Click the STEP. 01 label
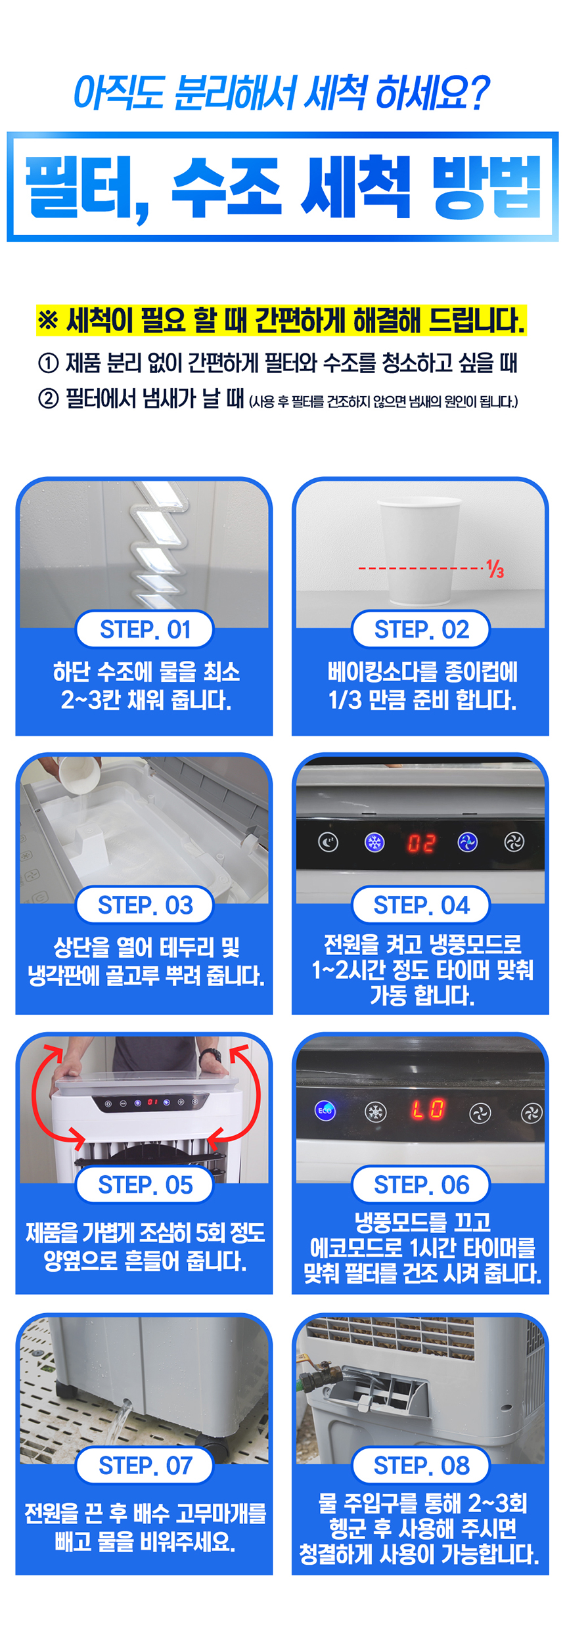coord(145,629)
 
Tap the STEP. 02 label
coord(421,629)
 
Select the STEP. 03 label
coord(145,905)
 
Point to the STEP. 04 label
coord(421,905)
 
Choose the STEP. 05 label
coord(145,1185)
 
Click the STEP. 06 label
coord(421,1185)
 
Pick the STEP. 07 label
coord(145,1466)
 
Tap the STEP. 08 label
coord(421,1466)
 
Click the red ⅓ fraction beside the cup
coord(495,569)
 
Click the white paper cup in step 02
coord(419,550)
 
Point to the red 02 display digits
coord(421,843)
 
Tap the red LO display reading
coord(428,1110)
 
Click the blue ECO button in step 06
coord(325,1110)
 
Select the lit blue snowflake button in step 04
coord(374,842)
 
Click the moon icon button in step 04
coord(328,842)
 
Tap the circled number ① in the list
coord(48,363)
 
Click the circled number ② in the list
coord(48,399)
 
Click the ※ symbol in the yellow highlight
coord(48,321)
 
